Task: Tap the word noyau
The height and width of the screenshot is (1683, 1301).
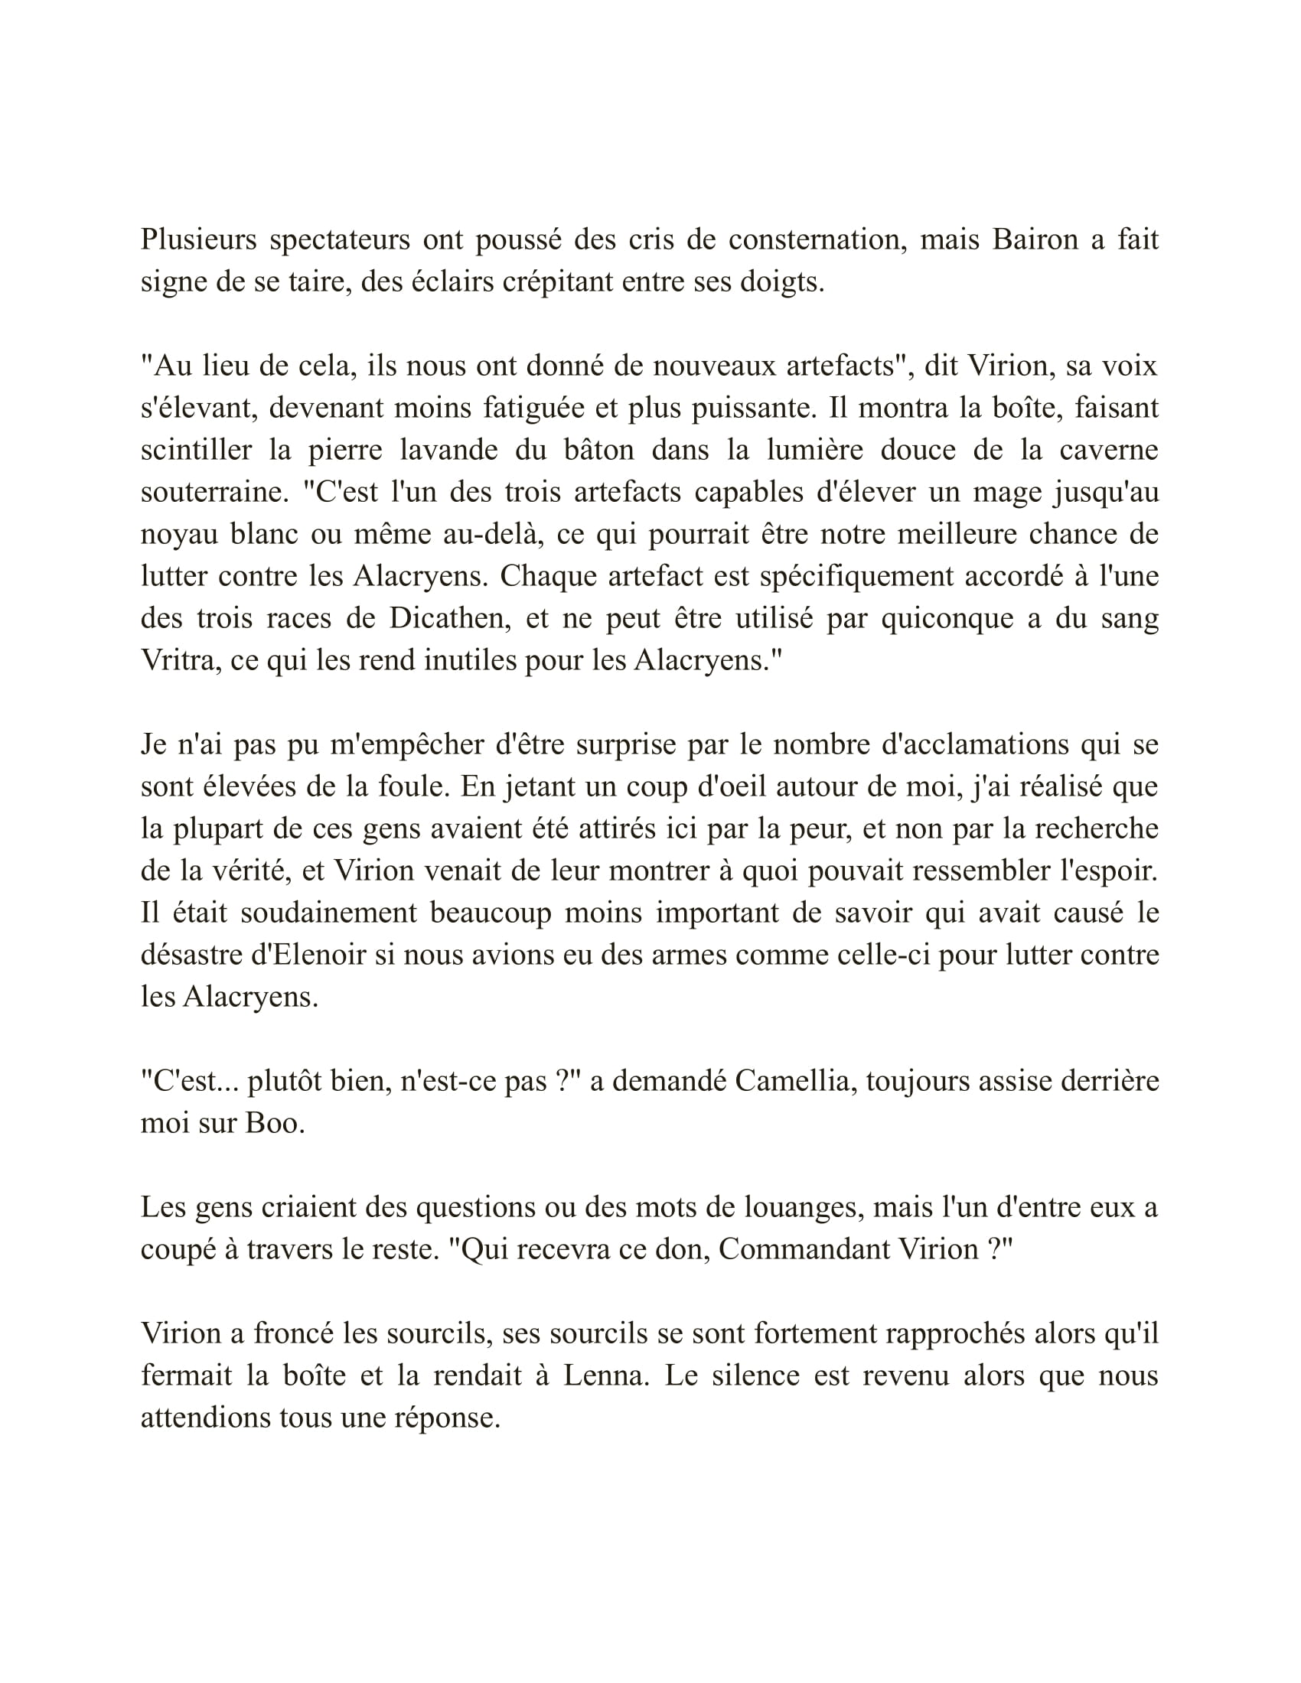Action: point(180,534)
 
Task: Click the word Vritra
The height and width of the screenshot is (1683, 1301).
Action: point(180,660)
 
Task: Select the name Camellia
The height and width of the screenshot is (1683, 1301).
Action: point(794,1081)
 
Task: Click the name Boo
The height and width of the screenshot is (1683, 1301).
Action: point(275,1124)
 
